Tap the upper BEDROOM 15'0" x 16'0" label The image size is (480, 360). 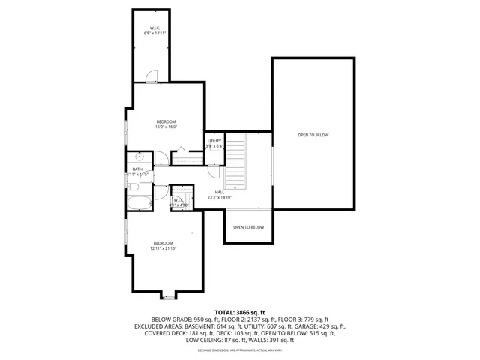(x=166, y=124)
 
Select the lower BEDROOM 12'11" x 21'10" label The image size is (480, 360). (x=163, y=245)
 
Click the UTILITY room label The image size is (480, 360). (x=214, y=143)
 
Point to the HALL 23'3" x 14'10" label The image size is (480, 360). (x=219, y=195)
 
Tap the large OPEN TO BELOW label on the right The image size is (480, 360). (x=313, y=135)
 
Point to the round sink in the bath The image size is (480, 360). (x=139, y=157)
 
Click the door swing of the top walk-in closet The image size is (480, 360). (x=152, y=74)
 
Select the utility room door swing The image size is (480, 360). (x=214, y=170)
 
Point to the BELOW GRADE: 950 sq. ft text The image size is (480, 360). (x=182, y=319)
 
